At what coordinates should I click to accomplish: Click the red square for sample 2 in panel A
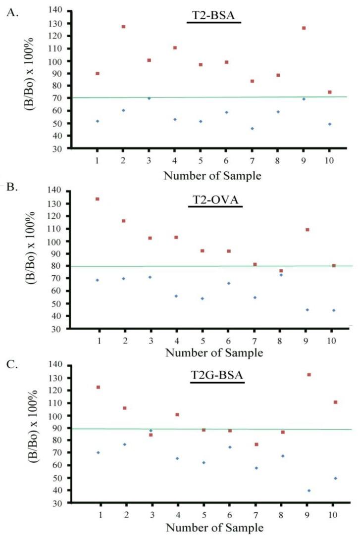click(x=123, y=27)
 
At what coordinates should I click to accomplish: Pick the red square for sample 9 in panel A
click(x=304, y=28)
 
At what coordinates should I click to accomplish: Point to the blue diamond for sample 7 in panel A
click(x=252, y=129)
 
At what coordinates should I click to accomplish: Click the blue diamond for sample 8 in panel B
click(x=281, y=275)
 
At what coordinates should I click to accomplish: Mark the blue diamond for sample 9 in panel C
click(x=309, y=490)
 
